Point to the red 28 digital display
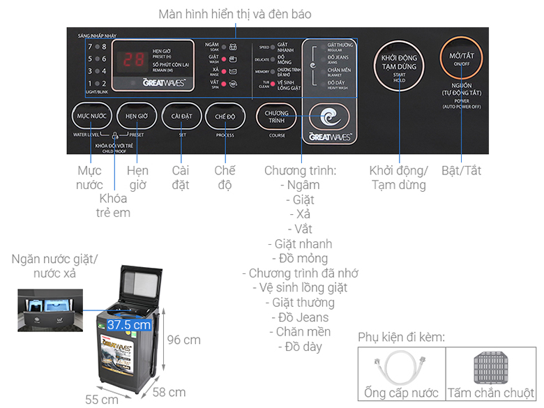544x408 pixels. click(133, 60)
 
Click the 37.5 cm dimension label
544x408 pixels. click(129, 324)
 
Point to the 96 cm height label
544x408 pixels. click(184, 340)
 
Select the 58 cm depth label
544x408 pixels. click(169, 391)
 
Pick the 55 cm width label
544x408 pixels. click(101, 399)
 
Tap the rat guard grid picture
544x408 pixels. click(491, 366)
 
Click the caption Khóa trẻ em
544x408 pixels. click(114, 205)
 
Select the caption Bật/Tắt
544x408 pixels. click(461, 170)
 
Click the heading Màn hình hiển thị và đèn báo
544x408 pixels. click(234, 14)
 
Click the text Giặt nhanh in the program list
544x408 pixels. click(299, 244)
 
